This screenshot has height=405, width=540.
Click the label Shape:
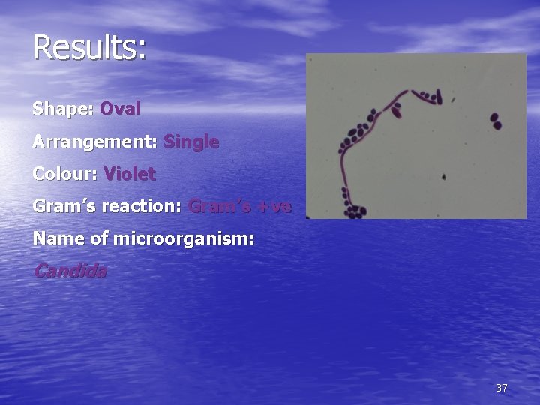tap(62, 109)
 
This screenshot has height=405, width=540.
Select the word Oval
tap(120, 109)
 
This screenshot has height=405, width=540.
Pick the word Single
tap(191, 142)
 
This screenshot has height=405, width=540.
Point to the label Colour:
tap(65, 175)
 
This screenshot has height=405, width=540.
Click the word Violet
tap(130, 175)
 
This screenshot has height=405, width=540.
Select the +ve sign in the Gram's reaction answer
tap(273, 207)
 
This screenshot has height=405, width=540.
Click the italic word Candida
tap(70, 271)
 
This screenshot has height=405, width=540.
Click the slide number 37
tap(501, 388)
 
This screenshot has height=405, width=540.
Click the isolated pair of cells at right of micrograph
tap(495, 121)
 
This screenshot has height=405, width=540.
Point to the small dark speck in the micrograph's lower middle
tap(444, 178)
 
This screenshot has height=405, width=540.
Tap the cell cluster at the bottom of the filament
tap(354, 211)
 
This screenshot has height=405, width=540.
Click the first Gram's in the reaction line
tap(62, 207)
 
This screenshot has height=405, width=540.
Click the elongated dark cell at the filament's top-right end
tap(439, 96)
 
